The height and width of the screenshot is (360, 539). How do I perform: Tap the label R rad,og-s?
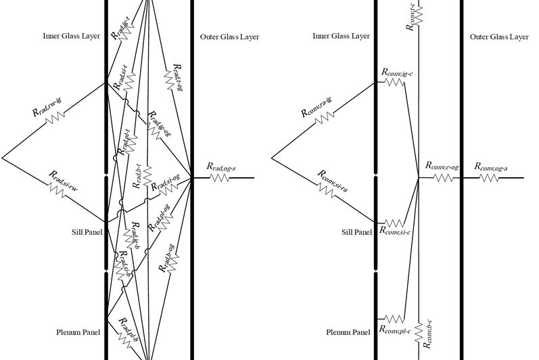pyautogui.click(x=220, y=166)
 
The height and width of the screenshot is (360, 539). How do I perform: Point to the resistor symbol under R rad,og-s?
pyautogui.click(x=220, y=178)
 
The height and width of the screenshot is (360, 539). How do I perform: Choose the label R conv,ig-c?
pyautogui.click(x=397, y=71)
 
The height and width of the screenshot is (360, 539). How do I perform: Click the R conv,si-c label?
pyautogui.click(x=397, y=230)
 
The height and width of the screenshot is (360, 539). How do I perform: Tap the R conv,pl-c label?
pyautogui.click(x=397, y=330)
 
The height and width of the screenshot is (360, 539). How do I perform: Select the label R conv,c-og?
pyautogui.click(x=442, y=166)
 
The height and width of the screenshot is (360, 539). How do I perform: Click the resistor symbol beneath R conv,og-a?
pyautogui.click(x=489, y=178)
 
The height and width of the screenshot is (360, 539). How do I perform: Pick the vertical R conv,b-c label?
pyautogui.click(x=428, y=335)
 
